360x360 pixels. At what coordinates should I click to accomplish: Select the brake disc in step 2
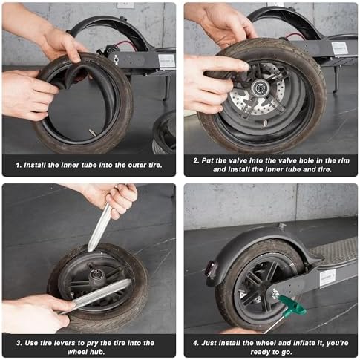(258, 91)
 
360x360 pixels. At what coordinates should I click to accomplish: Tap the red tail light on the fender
(211, 269)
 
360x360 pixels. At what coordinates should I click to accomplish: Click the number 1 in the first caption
(18, 165)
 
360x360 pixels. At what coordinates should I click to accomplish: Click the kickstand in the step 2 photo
(337, 79)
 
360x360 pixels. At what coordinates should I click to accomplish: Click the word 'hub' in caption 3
(98, 352)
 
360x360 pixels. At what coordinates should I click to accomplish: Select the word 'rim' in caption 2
(344, 160)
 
